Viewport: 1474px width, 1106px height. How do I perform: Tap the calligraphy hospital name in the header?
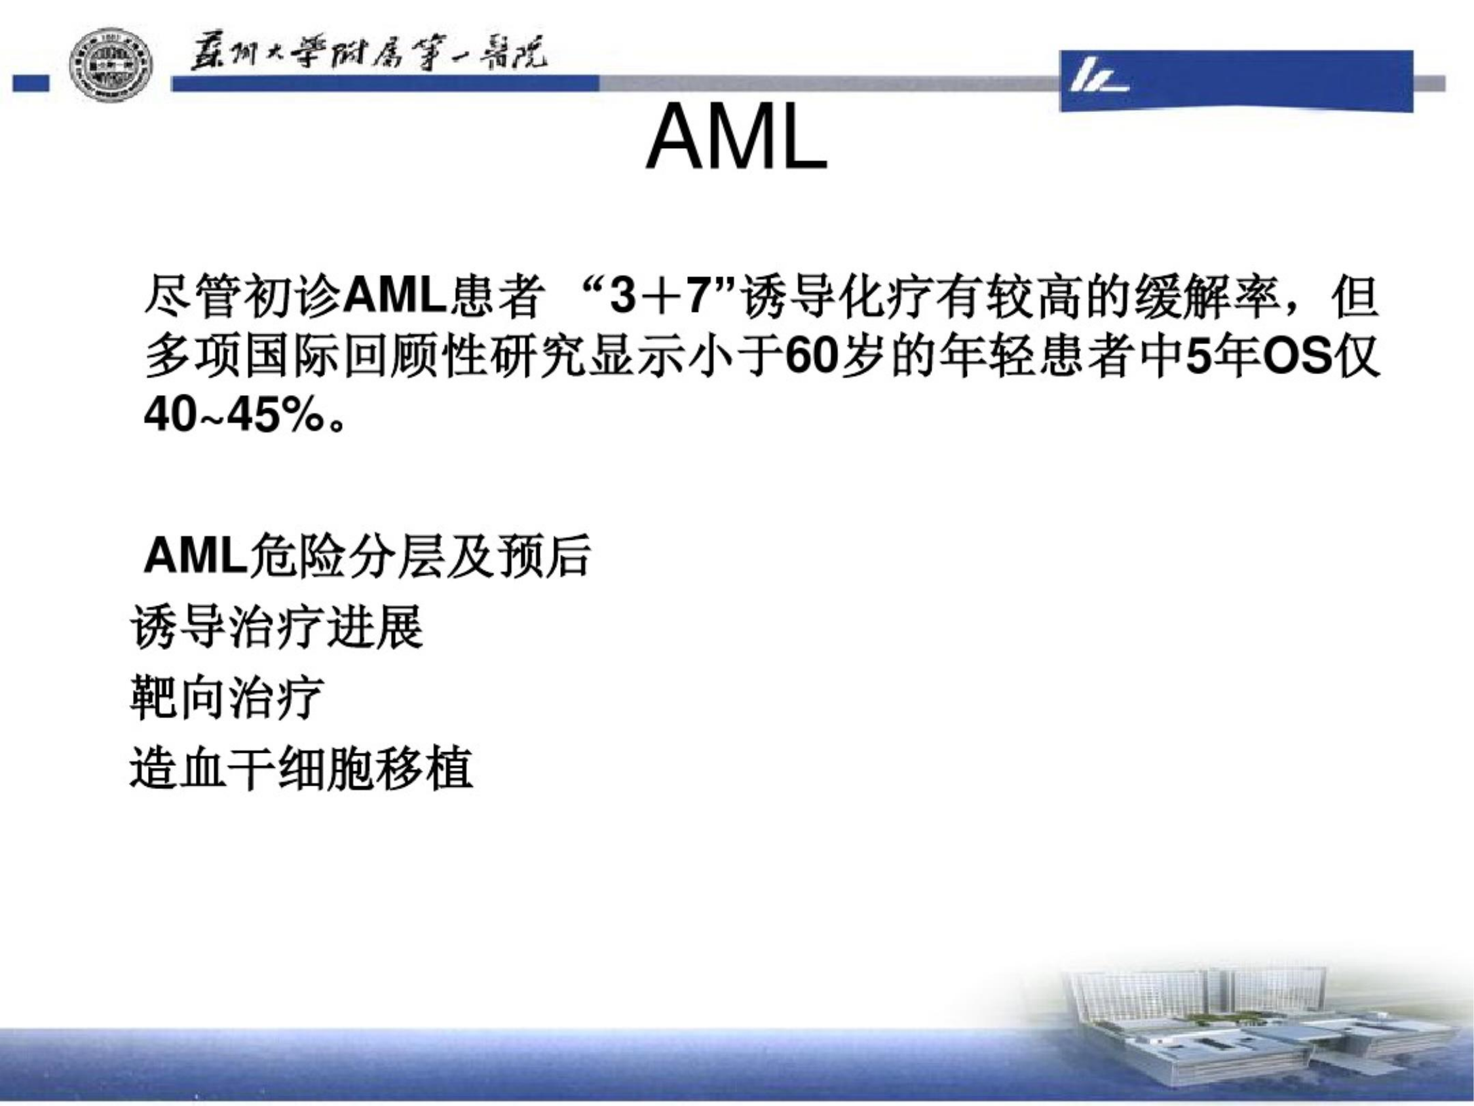click(x=368, y=53)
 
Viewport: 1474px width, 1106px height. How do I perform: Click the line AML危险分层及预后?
click(x=367, y=555)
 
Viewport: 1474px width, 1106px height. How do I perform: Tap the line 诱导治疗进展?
click(x=276, y=626)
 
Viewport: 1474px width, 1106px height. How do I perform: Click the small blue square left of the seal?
click(x=31, y=83)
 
